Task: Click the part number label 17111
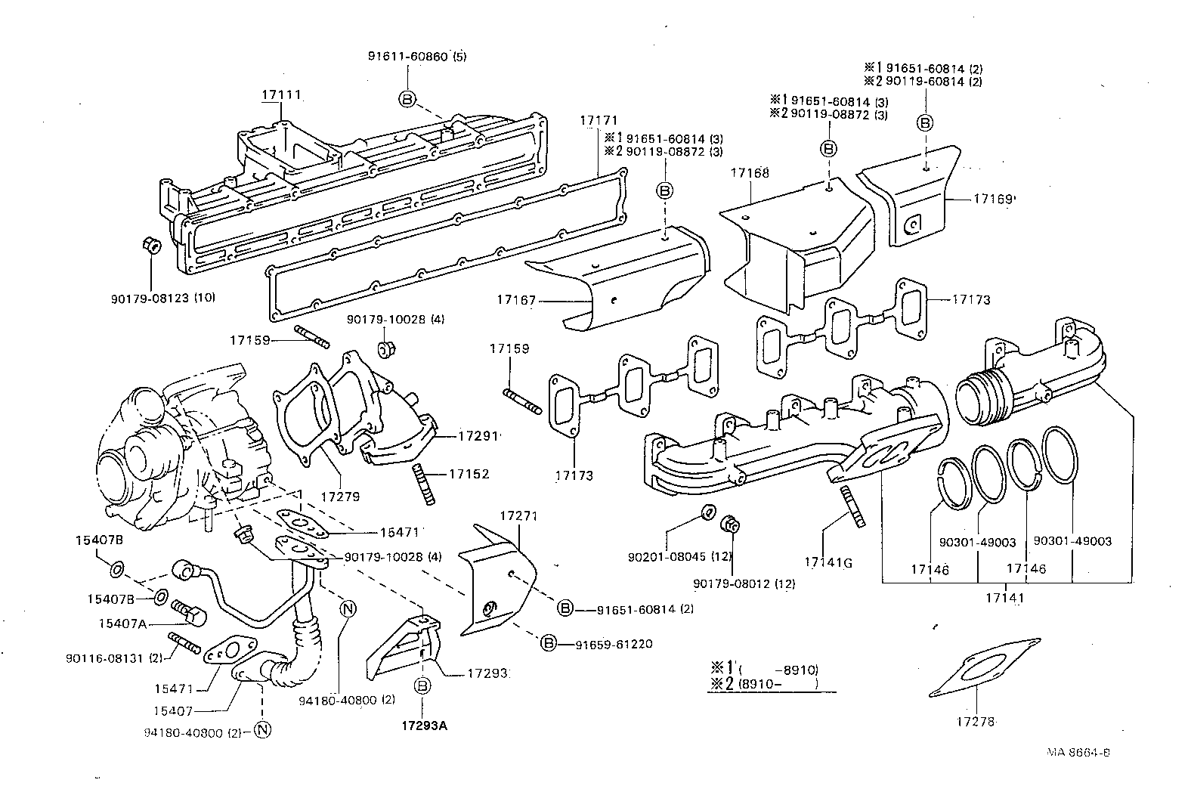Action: [281, 95]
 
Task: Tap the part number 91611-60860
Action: [408, 57]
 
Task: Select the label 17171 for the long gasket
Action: [599, 120]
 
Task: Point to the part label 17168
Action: [750, 173]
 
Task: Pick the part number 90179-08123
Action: [150, 299]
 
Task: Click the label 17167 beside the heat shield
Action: [516, 300]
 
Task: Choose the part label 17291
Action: [478, 436]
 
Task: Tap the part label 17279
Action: [340, 497]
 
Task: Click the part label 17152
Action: [469, 474]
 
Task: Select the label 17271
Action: [519, 516]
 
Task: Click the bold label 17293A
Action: [424, 726]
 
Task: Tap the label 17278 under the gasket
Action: [976, 722]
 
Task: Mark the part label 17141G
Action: [828, 562]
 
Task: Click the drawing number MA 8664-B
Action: [1078, 753]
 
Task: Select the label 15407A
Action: [122, 624]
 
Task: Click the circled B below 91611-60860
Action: [407, 99]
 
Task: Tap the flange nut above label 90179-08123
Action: [151, 246]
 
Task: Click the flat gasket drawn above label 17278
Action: [985, 667]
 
